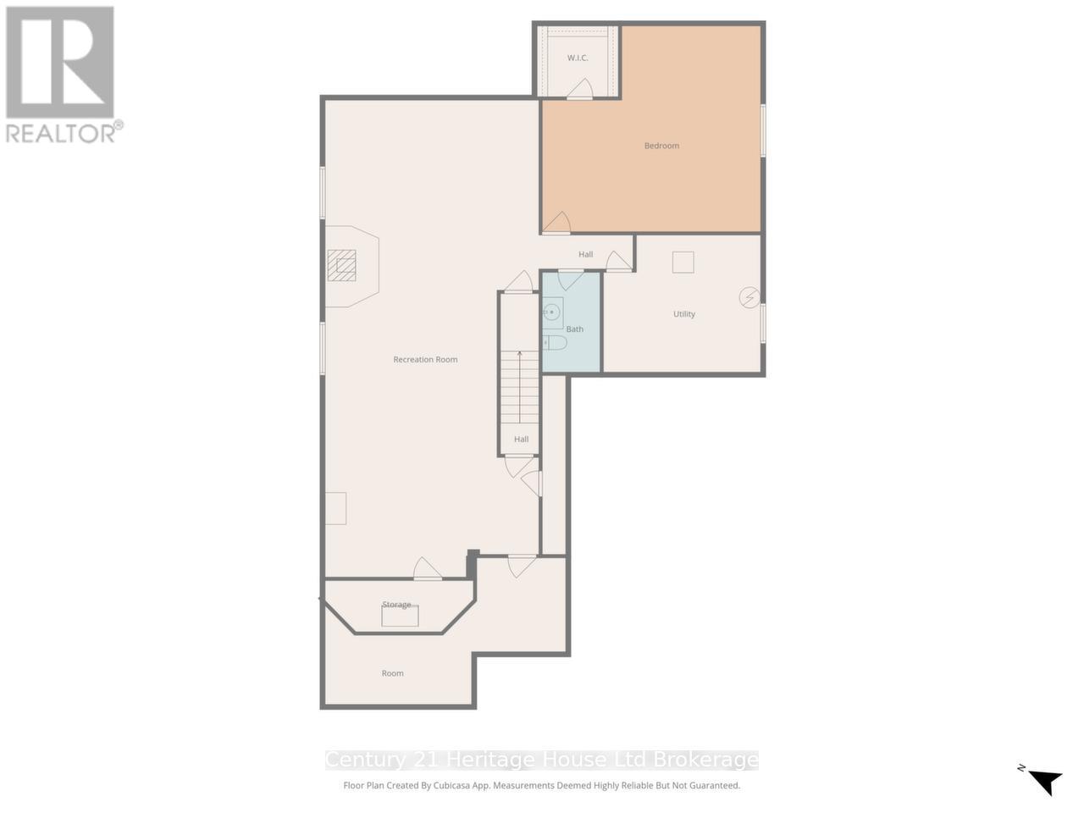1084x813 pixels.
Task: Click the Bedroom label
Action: point(661,146)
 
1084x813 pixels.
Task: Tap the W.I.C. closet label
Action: point(578,58)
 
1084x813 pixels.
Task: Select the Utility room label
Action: point(684,314)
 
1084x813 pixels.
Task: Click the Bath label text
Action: point(575,329)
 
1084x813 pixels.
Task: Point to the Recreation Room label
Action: point(425,360)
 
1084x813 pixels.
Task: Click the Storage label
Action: point(396,605)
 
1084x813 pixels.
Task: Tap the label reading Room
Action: point(392,673)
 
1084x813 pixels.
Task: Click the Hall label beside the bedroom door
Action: point(586,254)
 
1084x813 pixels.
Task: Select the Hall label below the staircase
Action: point(521,439)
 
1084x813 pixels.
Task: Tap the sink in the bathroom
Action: point(552,312)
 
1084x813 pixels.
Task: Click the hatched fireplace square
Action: point(343,266)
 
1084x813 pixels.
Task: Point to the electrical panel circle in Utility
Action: point(749,297)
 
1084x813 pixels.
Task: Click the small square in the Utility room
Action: point(683,263)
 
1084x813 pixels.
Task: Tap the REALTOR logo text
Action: point(61,133)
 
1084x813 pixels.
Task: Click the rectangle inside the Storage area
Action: point(400,617)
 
